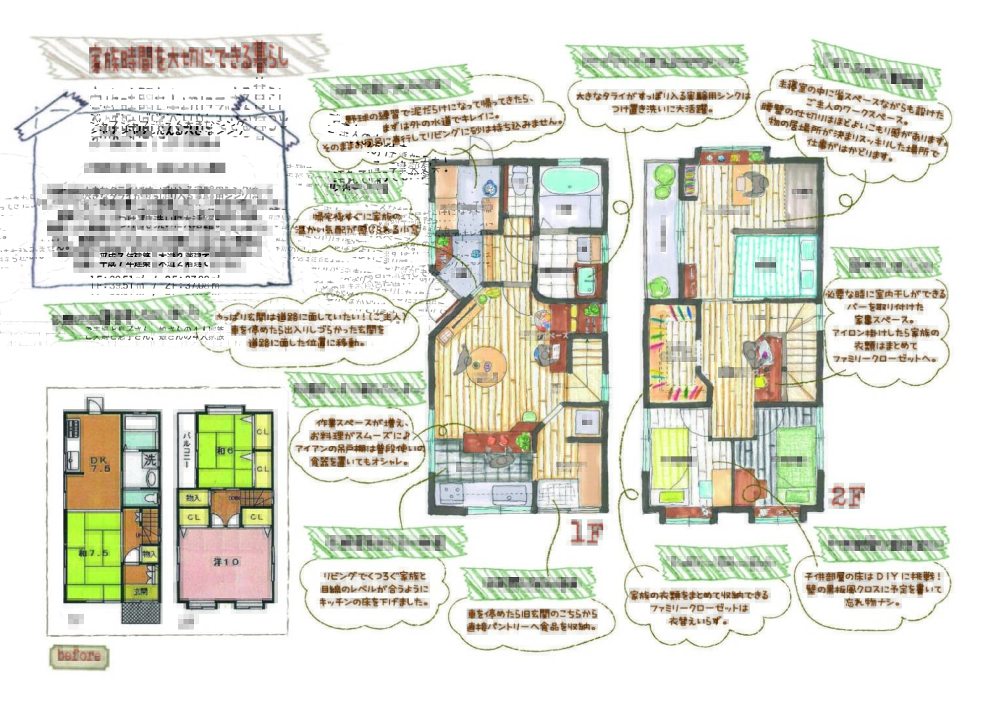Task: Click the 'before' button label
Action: (x=79, y=656)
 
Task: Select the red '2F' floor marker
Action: (x=847, y=496)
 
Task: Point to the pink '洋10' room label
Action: (x=226, y=561)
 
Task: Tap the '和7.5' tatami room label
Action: (x=94, y=553)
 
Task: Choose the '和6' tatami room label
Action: (x=225, y=451)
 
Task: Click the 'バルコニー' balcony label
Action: (x=186, y=451)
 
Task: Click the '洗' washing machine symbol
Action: (x=150, y=460)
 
